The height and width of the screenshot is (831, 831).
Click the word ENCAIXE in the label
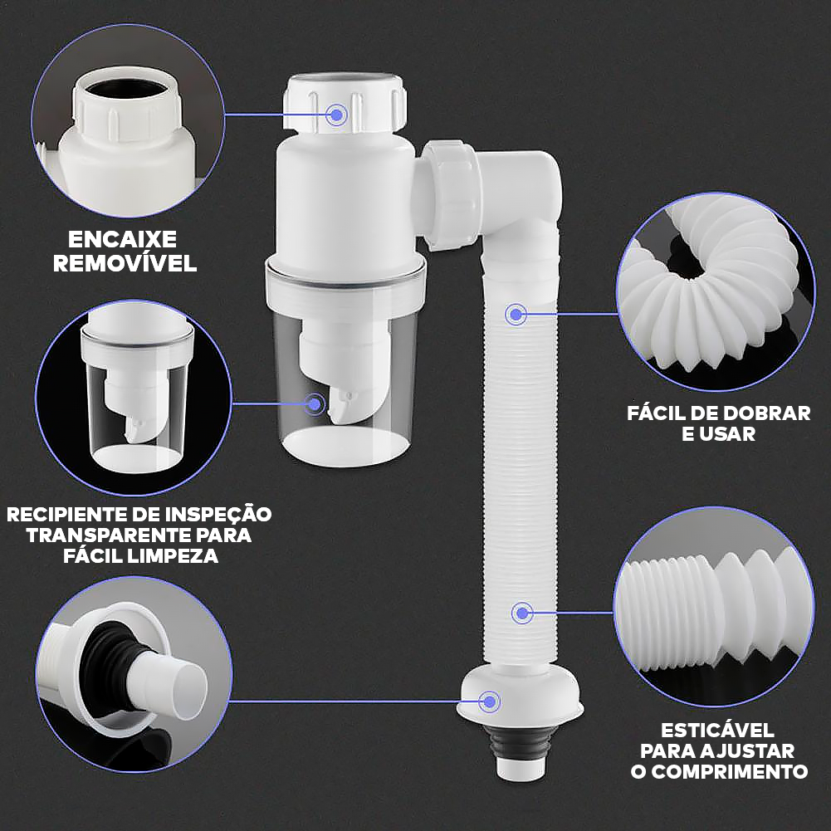[x=123, y=240]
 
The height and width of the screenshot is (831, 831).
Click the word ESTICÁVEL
[x=717, y=731]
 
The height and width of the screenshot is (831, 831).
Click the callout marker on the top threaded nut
[x=337, y=115]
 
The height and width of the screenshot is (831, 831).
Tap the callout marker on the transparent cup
[x=315, y=404]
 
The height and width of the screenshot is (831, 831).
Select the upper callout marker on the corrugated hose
[x=516, y=314]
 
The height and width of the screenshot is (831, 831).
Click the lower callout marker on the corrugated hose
[x=521, y=613]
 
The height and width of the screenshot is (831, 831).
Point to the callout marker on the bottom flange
[x=491, y=701]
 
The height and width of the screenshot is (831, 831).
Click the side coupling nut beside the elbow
[x=452, y=193]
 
